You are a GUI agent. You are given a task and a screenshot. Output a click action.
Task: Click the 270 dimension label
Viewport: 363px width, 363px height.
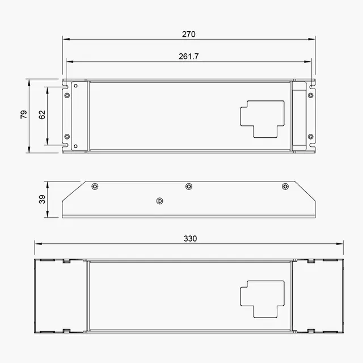tap(189, 35)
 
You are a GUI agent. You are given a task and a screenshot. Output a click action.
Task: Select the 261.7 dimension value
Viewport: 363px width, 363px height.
tap(188, 56)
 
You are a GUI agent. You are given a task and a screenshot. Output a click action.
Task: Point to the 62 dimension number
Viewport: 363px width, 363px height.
tap(42, 115)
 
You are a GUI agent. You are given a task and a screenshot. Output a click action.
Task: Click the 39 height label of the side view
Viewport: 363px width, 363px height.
tap(42, 200)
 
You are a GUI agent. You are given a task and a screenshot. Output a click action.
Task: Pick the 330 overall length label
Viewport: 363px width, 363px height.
tap(190, 238)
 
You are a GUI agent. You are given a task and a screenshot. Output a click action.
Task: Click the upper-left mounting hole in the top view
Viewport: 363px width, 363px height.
tap(67, 95)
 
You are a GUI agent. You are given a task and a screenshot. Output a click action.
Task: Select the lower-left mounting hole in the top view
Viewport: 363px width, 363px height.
tap(67, 137)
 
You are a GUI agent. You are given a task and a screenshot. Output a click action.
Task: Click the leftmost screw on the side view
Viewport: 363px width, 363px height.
tap(95, 186)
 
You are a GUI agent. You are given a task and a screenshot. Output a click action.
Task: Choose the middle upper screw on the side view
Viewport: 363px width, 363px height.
tap(189, 186)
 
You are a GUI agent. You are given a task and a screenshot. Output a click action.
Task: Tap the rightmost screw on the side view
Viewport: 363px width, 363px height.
tap(285, 186)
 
